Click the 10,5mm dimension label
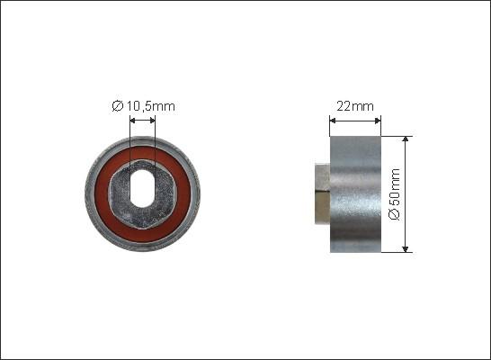(x=150, y=106)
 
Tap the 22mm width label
(x=355, y=106)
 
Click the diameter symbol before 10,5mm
(x=118, y=106)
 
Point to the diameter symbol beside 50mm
(x=395, y=214)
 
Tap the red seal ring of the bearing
(x=142, y=193)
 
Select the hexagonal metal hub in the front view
(x=142, y=193)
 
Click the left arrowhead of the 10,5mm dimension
(x=132, y=121)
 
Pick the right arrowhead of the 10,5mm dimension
(x=153, y=121)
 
